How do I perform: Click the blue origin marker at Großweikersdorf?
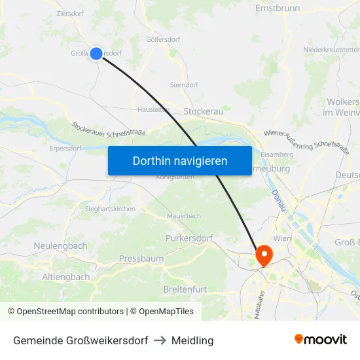coord(96,54)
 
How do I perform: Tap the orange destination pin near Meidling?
coord(264,255)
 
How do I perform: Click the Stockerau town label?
coord(204,111)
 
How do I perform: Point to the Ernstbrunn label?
coord(278,9)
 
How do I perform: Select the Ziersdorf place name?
coord(70,13)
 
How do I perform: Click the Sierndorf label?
coord(184,85)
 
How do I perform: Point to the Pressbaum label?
coord(141,259)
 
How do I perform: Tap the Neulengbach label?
coord(60,245)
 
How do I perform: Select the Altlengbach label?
coord(66,277)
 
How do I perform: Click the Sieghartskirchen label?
coord(110,209)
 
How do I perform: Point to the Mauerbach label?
coord(184,215)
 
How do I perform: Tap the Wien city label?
coord(281,238)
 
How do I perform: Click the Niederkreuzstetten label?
coord(331,50)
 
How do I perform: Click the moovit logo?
coord(320,340)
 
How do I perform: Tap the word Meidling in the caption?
coord(192,340)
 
